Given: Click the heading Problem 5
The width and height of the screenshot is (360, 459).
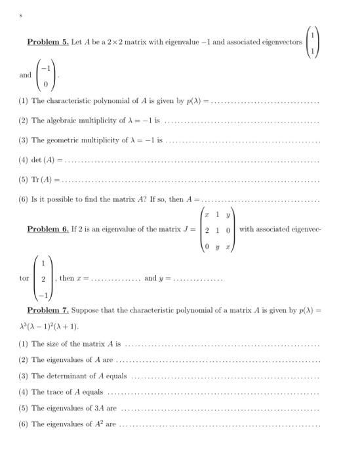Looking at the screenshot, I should pos(47,42).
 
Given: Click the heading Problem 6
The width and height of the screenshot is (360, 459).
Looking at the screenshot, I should pos(47,229).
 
